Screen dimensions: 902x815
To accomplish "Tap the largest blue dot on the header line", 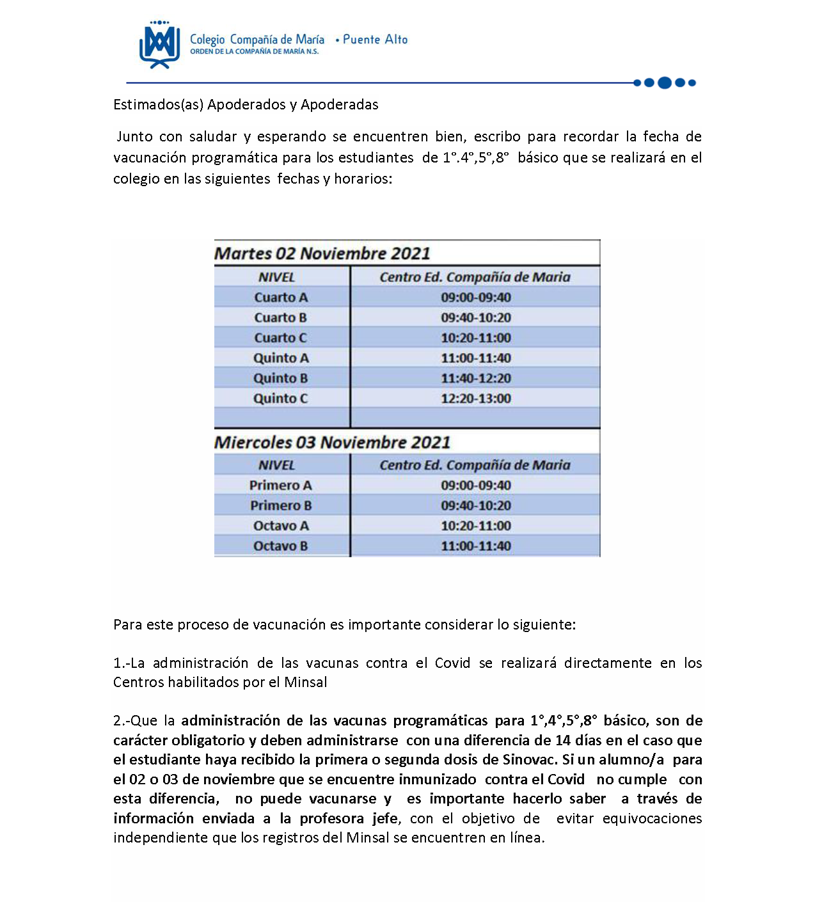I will tap(665, 83).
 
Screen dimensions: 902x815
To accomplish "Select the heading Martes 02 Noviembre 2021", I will tap(322, 253).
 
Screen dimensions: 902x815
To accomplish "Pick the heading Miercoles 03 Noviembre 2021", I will tap(333, 442).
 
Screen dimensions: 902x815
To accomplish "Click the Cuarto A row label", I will tap(281, 297).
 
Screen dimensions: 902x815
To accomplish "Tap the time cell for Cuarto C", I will tap(475, 338).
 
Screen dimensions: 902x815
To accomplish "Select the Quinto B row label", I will tap(281, 378).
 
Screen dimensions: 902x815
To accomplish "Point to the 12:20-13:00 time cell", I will tap(475, 399).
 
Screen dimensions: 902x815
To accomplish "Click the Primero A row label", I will tap(281, 486).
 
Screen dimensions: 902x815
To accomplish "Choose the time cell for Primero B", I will tap(475, 505).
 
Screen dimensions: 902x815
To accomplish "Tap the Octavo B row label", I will tap(281, 546).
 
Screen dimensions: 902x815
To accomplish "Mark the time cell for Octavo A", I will tap(475, 526).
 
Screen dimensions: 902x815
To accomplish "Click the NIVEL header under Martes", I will tap(277, 277).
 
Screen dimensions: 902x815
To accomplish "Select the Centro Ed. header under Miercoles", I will tap(475, 465).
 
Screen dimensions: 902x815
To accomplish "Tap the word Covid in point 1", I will tap(452, 663).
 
